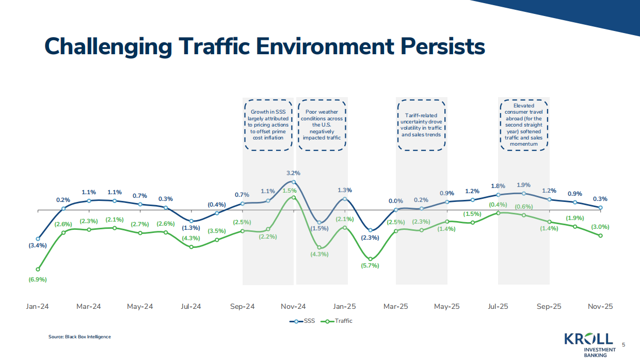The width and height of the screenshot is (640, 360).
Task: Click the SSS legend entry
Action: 303,321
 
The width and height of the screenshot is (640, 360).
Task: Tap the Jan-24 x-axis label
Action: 37,306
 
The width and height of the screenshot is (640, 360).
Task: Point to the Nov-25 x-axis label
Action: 600,306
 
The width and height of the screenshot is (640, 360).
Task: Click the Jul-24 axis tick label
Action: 190,306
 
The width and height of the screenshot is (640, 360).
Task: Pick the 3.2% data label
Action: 293,173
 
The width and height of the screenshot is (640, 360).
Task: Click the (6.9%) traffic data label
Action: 37,279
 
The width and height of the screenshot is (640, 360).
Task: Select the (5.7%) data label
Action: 370,266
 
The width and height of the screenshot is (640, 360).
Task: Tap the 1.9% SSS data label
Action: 523,185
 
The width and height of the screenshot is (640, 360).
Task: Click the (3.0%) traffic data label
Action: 600,227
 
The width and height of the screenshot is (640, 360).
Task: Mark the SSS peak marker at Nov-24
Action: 293,182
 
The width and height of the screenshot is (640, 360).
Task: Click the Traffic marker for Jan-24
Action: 38,269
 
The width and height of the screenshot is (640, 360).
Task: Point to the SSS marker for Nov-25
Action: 600,208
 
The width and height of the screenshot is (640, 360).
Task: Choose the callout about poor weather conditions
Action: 322,124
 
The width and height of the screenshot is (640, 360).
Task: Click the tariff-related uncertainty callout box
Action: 422,124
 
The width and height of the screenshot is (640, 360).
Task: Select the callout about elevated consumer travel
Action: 524,124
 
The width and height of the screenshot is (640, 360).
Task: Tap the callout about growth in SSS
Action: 268,124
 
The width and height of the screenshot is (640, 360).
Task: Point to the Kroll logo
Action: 588,343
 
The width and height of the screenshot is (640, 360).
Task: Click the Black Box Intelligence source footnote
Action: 79,337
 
